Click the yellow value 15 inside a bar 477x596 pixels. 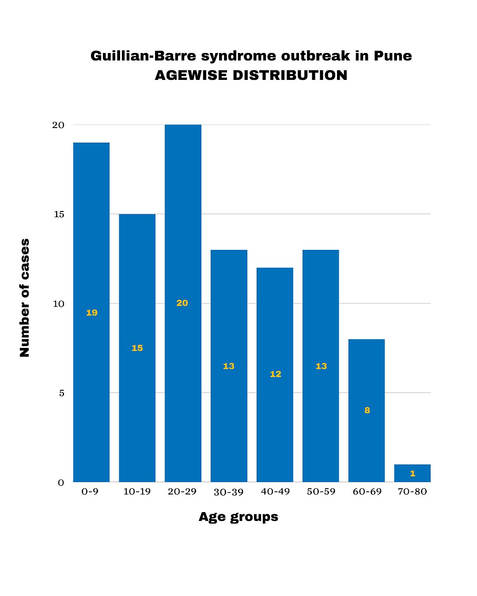137,348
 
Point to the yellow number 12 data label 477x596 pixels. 275,374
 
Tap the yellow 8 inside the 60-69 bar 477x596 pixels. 367,411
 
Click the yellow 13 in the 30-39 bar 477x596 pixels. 229,366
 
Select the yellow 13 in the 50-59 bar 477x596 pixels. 321,366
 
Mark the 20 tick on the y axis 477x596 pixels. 58,125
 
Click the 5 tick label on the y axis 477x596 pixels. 62,393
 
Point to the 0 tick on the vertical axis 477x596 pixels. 61,483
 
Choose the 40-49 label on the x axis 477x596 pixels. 275,492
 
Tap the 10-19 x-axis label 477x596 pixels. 137,492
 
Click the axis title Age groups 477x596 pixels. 238,517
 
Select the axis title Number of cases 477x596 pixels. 25,298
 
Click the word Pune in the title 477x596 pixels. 393,56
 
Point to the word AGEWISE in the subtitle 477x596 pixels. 191,75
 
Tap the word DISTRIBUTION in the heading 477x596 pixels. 290,75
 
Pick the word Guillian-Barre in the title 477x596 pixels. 143,56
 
